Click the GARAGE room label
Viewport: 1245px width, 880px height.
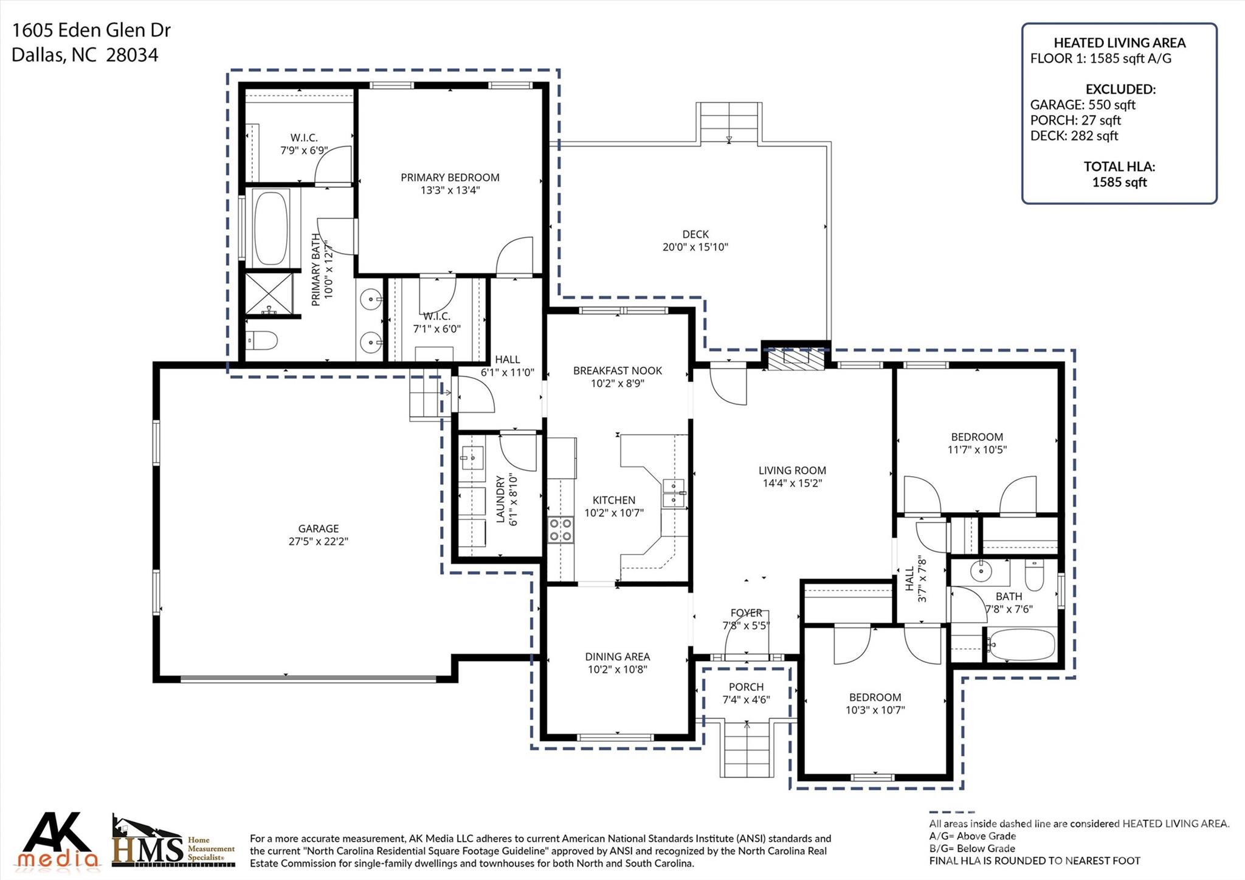tap(318, 528)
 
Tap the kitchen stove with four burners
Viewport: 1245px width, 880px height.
tap(560, 529)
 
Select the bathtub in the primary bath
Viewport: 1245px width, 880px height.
tap(271, 228)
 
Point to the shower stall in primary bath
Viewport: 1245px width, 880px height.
tap(269, 294)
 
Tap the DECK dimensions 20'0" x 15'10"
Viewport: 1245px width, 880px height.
tap(695, 247)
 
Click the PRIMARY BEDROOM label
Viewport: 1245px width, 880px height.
tap(449, 177)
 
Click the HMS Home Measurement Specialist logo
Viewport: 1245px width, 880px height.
tap(173, 843)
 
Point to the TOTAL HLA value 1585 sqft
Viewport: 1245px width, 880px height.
tap(1119, 182)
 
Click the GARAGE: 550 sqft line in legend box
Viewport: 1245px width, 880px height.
tap(1082, 105)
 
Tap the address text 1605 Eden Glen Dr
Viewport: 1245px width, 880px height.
tap(91, 30)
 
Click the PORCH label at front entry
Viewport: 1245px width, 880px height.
tap(746, 687)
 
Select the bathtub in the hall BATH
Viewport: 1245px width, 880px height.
tap(1021, 645)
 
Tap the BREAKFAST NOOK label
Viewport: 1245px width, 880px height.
tap(617, 370)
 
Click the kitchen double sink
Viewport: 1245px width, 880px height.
tap(674, 493)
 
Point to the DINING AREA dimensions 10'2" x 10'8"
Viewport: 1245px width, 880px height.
tap(617, 670)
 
